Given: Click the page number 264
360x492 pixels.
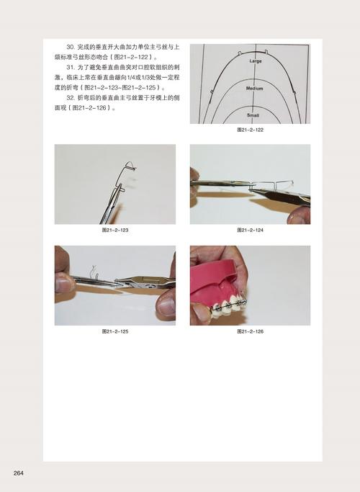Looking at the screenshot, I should (x=19, y=473).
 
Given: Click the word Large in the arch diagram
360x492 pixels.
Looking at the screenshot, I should (x=256, y=61).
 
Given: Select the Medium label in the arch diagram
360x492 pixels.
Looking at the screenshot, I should (x=255, y=89).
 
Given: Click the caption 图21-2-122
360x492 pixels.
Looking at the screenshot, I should (x=250, y=130).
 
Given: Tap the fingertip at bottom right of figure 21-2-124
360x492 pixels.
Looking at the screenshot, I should (x=297, y=215).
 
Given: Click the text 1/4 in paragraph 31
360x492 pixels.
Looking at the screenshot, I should (x=135, y=78).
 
